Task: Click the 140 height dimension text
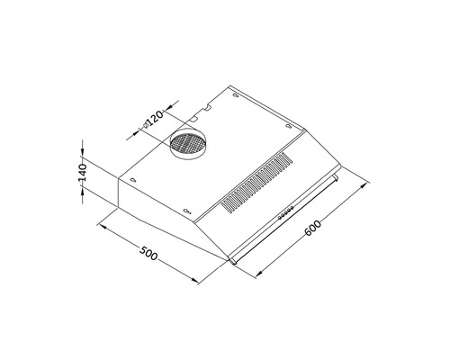[x=80, y=174]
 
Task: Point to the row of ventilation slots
[x=256, y=184]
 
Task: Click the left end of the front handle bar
[x=234, y=261]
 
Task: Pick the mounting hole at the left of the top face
[x=133, y=178]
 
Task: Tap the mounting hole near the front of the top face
[x=187, y=211]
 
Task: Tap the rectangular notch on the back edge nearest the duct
[x=194, y=118]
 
